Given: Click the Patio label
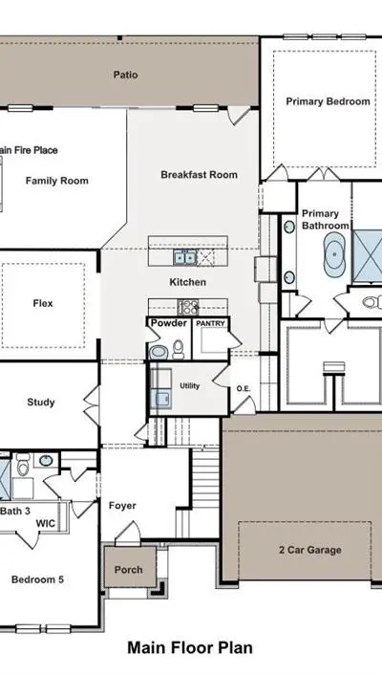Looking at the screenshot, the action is (x=125, y=75).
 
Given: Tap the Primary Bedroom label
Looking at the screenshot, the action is (x=328, y=101).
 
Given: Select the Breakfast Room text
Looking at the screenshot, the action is (x=199, y=175).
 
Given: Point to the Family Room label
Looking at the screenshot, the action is (x=57, y=181).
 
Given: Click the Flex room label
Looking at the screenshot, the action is (x=43, y=303).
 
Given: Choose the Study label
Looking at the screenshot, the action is (x=41, y=403).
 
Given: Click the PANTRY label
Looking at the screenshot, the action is (x=211, y=323).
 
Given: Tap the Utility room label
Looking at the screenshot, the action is (x=189, y=386).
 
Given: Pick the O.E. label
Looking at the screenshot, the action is (x=243, y=389).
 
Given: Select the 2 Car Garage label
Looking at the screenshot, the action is (x=310, y=550).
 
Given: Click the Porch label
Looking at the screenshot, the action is (x=128, y=570).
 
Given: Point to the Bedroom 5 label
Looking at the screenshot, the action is (x=37, y=579).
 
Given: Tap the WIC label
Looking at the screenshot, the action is (x=45, y=523).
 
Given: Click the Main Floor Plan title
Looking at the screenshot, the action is (x=190, y=648).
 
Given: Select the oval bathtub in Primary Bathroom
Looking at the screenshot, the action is (x=334, y=254).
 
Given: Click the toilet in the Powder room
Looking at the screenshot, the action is (x=179, y=349).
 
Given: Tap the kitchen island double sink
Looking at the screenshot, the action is (x=185, y=257).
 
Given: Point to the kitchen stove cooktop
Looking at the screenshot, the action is (x=188, y=307).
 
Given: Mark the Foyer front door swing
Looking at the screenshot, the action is (x=128, y=531).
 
